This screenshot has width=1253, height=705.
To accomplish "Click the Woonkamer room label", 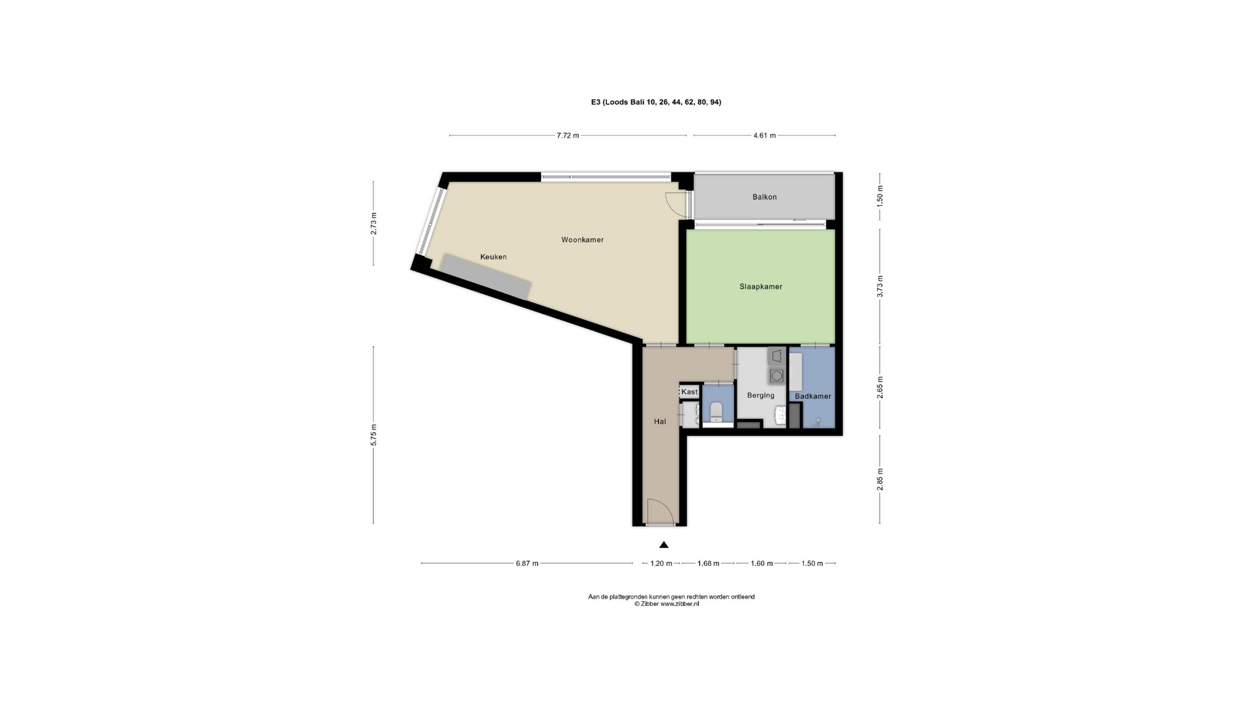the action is (582, 240).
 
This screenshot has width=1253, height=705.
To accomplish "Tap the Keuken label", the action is (493, 257).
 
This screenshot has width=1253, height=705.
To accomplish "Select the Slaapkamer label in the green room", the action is (760, 287).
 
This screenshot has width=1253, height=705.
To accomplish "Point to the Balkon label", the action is (764, 196).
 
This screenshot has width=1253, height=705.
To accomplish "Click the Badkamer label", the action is (812, 396).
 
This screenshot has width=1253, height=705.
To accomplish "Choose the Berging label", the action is (760, 395).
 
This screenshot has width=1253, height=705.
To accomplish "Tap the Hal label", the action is (660, 422).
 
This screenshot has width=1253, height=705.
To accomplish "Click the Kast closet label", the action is (689, 392).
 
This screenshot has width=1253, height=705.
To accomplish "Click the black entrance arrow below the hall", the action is (664, 544).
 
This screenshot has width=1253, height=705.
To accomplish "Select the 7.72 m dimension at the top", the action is (567, 136).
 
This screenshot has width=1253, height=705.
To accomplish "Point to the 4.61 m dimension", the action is (764, 136).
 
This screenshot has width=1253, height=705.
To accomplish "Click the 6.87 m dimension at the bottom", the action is (527, 563).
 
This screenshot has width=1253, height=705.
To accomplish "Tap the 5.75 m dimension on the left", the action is (373, 435).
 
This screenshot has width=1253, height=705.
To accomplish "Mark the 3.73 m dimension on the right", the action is (880, 287).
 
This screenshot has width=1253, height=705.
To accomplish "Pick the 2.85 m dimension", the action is (880, 480).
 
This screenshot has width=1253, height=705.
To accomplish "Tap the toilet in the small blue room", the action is (716, 411).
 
